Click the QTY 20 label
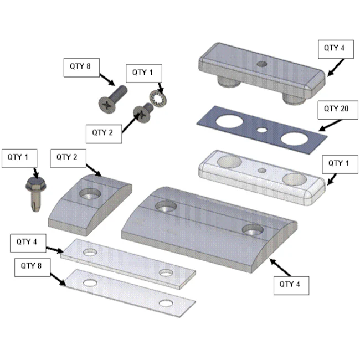338,110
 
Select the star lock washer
158,99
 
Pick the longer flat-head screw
112,99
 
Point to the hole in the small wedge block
90,193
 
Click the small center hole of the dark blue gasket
262,130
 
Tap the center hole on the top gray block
262,64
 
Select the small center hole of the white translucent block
262,171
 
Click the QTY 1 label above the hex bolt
19,158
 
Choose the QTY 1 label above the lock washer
144,74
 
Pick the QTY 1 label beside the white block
340,164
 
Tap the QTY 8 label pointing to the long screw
81,68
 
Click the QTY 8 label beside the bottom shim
32,268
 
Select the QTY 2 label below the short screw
104,134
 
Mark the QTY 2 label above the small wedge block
68,158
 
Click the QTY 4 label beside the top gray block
336,49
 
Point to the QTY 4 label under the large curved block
291,285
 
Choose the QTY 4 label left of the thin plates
28,243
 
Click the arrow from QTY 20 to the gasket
331,125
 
